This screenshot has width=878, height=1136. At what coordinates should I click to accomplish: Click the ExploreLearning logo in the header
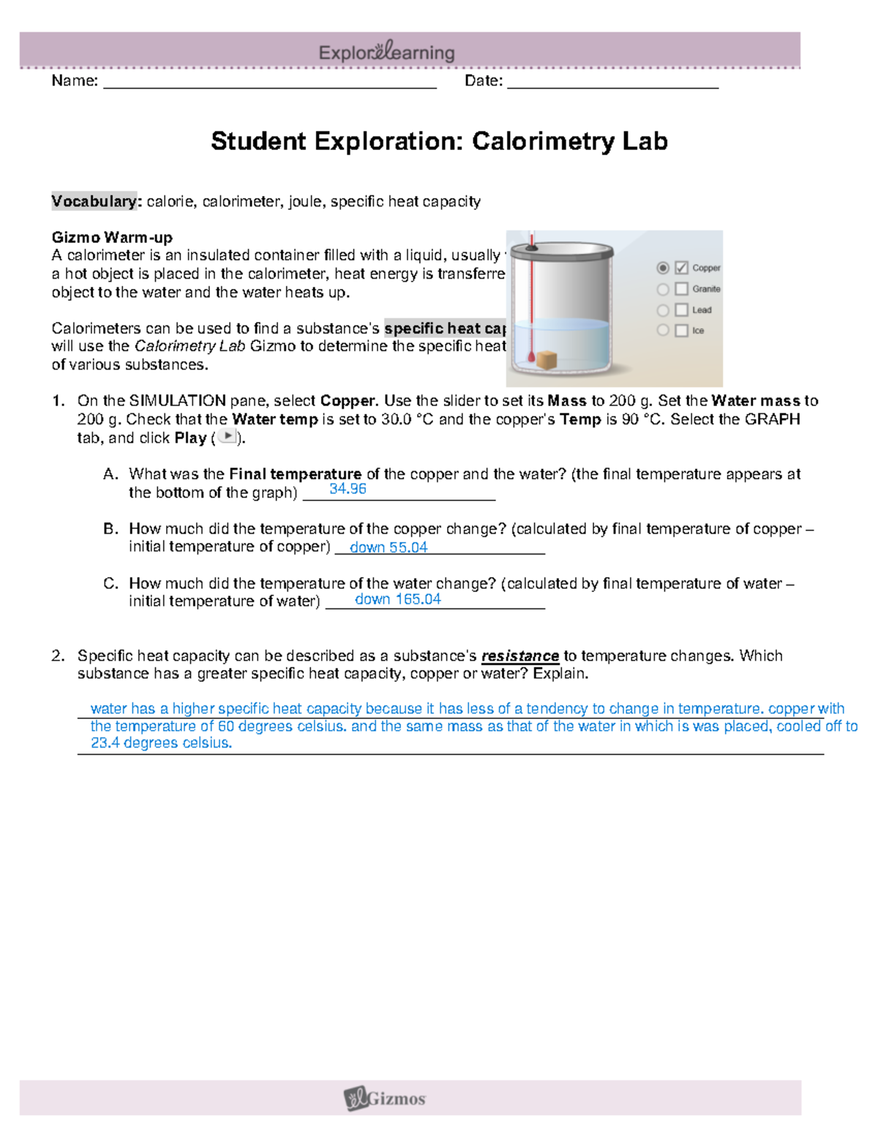point(386,52)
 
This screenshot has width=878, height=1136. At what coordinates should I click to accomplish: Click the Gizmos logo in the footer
point(385,1098)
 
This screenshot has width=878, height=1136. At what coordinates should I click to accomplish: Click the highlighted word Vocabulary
point(94,201)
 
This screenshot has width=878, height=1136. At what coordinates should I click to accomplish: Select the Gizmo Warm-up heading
point(112,237)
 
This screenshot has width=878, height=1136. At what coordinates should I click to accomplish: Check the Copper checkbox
point(681,268)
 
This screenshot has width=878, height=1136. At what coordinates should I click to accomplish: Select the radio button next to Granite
point(663,289)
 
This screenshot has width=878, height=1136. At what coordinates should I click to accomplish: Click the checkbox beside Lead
point(681,310)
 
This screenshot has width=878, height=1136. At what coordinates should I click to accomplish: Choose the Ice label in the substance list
point(698,331)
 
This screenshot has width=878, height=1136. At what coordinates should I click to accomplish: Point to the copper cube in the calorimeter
point(547,360)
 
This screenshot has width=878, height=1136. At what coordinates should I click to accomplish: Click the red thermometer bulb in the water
point(530,356)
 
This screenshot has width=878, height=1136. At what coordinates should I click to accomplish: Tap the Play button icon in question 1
point(228,437)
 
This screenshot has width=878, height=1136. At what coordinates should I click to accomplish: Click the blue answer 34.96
point(348,489)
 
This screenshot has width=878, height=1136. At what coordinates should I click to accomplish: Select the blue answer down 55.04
point(389,547)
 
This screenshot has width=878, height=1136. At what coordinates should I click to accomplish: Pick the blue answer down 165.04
point(398,599)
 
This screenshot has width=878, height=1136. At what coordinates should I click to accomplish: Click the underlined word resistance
point(519,656)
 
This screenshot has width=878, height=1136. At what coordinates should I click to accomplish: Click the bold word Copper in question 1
point(348,401)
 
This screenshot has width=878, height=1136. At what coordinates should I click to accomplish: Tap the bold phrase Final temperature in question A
point(295,474)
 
